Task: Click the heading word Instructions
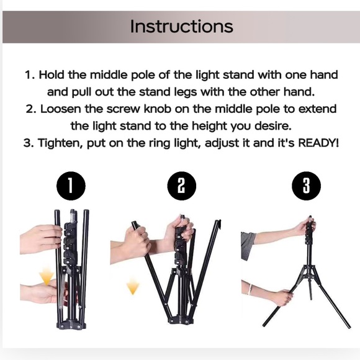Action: pyautogui.click(x=182, y=26)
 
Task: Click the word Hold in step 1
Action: pyautogui.click(x=56, y=75)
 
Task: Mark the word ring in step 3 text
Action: pyautogui.click(x=162, y=143)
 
